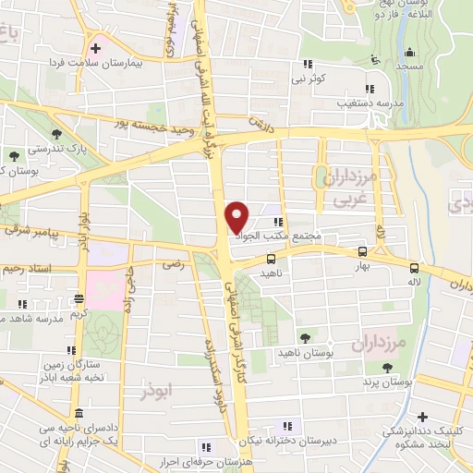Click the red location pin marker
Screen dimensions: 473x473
pyautogui.click(x=237, y=217)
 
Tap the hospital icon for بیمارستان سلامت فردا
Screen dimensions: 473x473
pyautogui.click(x=94, y=46)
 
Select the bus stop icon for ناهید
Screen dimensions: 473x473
pyautogui.click(x=271, y=260)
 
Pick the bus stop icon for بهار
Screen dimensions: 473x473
pyautogui.click(x=361, y=250)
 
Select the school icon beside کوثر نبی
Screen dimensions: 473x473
pyautogui.click(x=306, y=65)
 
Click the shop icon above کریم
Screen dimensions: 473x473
pyautogui.click(x=79, y=298)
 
